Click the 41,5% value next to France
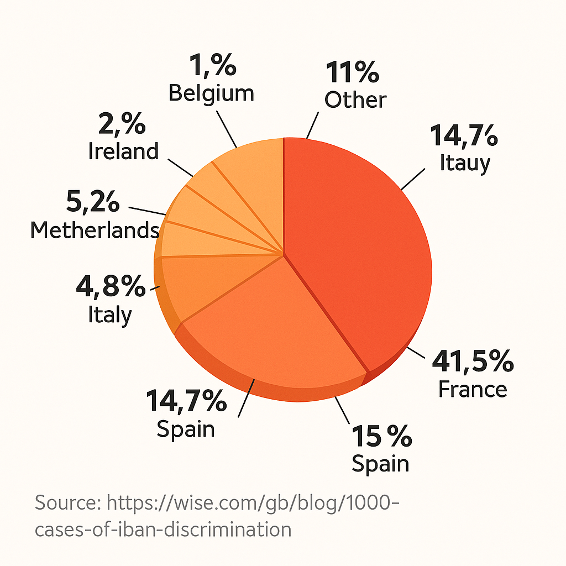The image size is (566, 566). (473, 363)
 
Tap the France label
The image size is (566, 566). (473, 389)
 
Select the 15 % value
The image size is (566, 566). (381, 437)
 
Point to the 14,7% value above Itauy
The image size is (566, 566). (464, 137)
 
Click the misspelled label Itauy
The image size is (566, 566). (465, 163)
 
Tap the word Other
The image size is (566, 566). (355, 100)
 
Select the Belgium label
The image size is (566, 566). (211, 93)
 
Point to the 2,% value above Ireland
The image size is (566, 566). (122, 125)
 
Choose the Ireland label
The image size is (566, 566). (123, 151)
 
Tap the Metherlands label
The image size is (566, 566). (95, 230)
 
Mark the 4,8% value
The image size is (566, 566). (111, 288)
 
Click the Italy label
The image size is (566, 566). (110, 315)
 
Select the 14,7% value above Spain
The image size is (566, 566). (186, 401)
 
